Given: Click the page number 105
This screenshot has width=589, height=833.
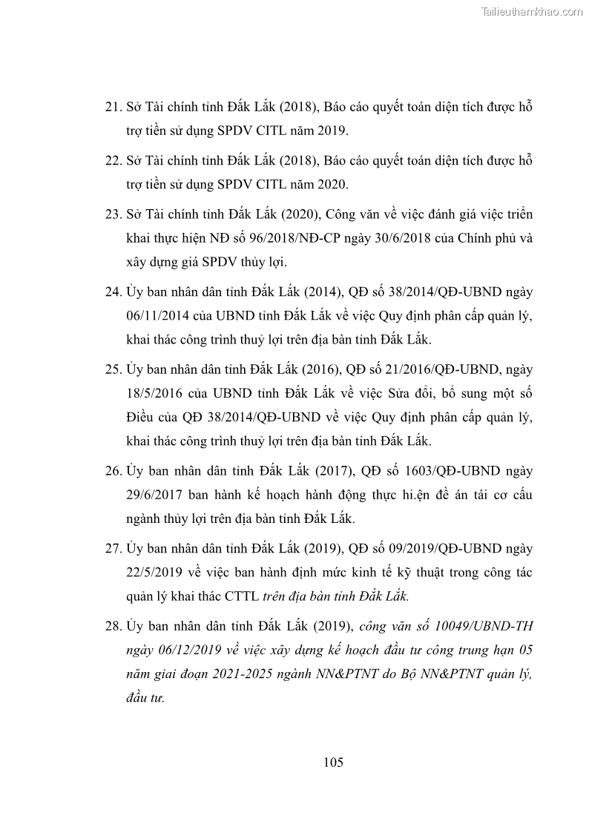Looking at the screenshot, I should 333,763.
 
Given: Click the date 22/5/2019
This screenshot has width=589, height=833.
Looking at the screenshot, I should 158,573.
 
